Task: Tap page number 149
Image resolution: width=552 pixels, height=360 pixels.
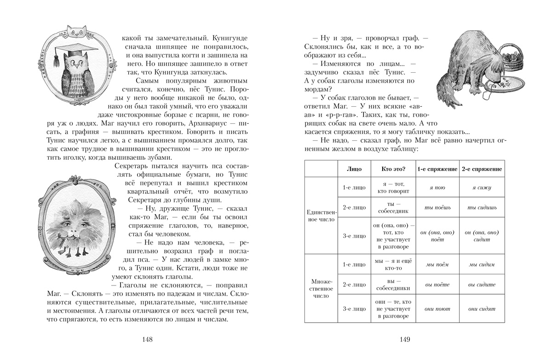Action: (404, 340)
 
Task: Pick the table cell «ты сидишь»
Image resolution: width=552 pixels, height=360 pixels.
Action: (482, 208)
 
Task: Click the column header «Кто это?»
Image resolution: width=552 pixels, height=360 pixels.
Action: (390, 169)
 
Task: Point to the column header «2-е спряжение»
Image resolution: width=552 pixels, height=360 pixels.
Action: (482, 169)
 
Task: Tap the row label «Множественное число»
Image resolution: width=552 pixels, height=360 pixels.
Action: (321, 288)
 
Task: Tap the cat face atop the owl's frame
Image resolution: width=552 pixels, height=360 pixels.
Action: (75, 30)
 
